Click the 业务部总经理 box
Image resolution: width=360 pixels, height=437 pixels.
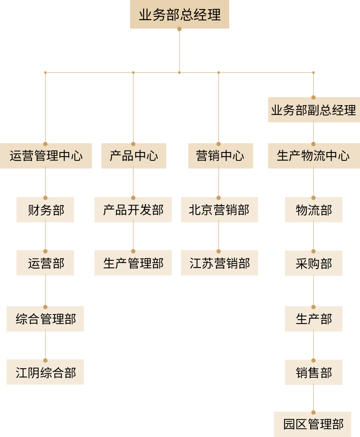pyautogui.click(x=179, y=14)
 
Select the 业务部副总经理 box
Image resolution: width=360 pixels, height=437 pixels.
pyautogui.click(x=314, y=110)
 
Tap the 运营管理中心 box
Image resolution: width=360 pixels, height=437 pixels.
pyautogui.click(x=46, y=156)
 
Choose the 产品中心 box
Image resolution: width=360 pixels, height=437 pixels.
pyautogui.click(x=134, y=156)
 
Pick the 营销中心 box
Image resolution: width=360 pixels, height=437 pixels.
pyautogui.click(x=220, y=156)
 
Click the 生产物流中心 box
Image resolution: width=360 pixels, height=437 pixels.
pyautogui.click(x=314, y=156)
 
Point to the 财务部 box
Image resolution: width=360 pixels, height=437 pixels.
pyautogui.click(x=45, y=210)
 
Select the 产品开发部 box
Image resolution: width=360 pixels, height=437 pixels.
pyautogui.click(x=133, y=210)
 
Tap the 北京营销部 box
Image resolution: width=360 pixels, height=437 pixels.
pyautogui.click(x=219, y=210)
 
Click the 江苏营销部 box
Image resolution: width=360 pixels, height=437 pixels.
pyautogui.click(x=219, y=263)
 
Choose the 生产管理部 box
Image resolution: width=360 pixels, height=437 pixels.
pyautogui.click(x=133, y=263)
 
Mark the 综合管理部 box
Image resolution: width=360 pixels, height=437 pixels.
pyautogui.click(x=45, y=319)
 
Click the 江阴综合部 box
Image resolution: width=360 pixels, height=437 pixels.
pyautogui.click(x=45, y=372)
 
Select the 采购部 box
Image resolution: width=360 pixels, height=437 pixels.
pyautogui.click(x=313, y=263)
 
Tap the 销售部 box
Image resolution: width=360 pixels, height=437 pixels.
pyautogui.click(x=313, y=373)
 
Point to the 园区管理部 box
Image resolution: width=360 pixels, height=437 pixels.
pyautogui.click(x=312, y=425)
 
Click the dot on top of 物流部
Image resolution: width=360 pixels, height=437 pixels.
pyautogui.click(x=313, y=198)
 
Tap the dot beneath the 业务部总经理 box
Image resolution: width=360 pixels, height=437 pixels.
pyautogui.click(x=179, y=29)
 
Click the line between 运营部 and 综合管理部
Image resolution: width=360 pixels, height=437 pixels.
pyautogui.click(x=45, y=291)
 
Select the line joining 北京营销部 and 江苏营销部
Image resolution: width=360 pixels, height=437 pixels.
pyautogui.click(x=219, y=236)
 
